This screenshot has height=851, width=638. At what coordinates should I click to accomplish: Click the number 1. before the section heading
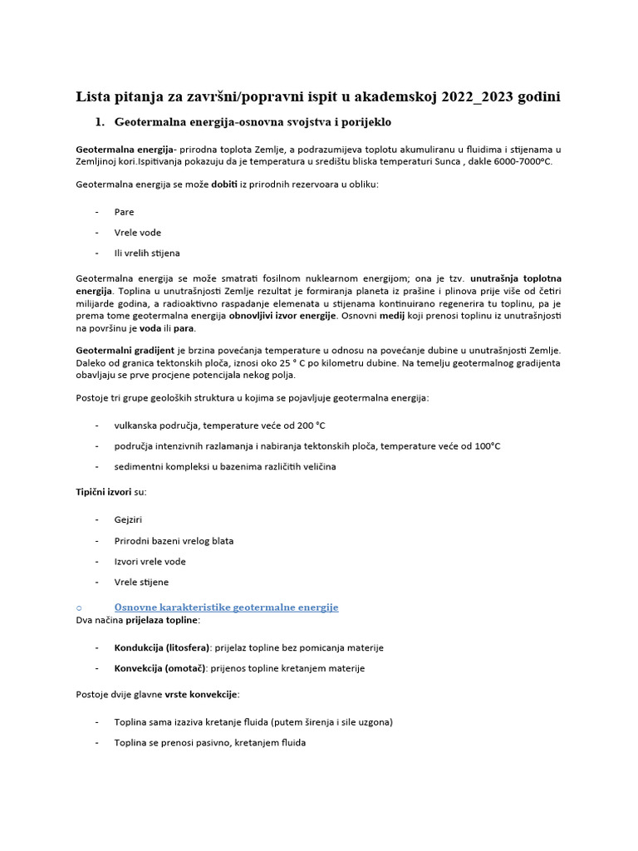[100, 122]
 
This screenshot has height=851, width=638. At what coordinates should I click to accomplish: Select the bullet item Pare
[124, 212]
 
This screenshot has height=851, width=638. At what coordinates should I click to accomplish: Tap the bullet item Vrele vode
[138, 233]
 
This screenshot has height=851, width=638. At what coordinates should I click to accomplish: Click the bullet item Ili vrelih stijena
[147, 253]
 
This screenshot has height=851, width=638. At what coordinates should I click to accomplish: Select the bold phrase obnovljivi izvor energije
[283, 316]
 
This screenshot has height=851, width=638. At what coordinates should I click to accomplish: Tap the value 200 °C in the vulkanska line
[307, 425]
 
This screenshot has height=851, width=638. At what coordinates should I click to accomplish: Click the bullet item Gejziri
[129, 520]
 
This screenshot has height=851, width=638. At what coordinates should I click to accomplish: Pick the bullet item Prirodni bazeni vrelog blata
[174, 541]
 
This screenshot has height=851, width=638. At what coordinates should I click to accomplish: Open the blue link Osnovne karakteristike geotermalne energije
[226, 608]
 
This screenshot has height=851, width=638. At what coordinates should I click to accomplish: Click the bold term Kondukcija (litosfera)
[162, 647]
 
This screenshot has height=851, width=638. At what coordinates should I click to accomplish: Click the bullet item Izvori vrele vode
[150, 562]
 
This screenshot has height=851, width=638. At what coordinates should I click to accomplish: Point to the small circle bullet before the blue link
[78, 608]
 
